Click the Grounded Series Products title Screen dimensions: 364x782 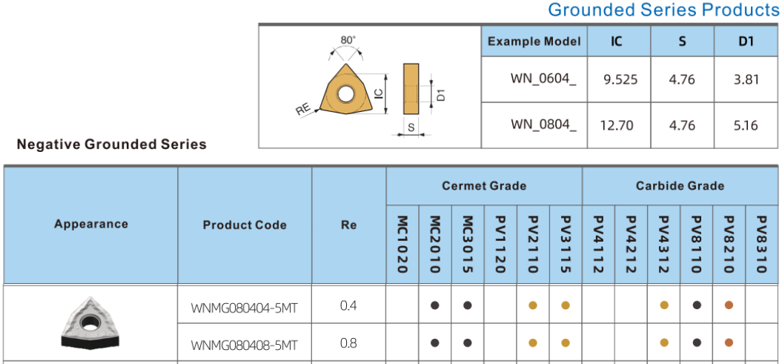click(663, 10)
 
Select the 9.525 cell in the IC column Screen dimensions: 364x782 click(620, 79)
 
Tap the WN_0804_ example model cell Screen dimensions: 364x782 click(543, 125)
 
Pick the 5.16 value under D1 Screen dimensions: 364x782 click(746, 125)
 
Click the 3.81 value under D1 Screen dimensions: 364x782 click(746, 79)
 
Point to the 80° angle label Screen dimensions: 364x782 click(348, 40)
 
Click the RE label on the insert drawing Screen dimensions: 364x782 click(302, 110)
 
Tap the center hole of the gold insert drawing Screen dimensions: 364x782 click(345, 93)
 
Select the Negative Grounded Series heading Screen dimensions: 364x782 click(111, 145)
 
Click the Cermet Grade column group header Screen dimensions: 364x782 click(484, 186)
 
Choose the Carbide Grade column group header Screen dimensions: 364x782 click(680, 186)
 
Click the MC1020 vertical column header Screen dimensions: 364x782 click(402, 244)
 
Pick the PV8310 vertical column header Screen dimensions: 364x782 click(762, 244)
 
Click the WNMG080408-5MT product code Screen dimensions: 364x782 click(244, 345)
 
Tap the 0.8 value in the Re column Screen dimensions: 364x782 click(348, 343)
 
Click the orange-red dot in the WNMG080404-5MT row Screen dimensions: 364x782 click(729, 305)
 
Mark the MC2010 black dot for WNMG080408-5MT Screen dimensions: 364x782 click(435, 343)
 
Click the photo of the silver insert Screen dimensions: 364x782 click(90, 322)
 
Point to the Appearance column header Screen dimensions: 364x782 click(90, 224)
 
